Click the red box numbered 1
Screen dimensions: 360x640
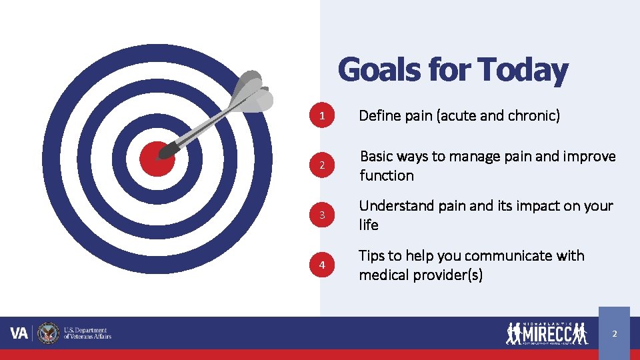pyautogui.click(x=322, y=116)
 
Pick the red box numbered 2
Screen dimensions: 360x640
pyautogui.click(x=322, y=165)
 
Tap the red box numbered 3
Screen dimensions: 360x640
pyautogui.click(x=322, y=215)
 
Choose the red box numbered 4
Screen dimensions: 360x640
pyautogui.click(x=322, y=265)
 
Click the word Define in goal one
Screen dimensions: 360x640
pyautogui.click(x=379, y=116)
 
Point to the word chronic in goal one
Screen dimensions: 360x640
pyautogui.click(x=534, y=116)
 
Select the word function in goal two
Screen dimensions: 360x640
pyautogui.click(x=387, y=176)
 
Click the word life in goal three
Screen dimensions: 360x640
pyautogui.click(x=369, y=225)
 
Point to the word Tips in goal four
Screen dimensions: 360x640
pyautogui.click(x=371, y=256)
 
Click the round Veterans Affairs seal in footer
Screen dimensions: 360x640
pyautogui.click(x=48, y=333)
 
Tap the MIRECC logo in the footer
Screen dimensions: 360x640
pyautogui.click(x=547, y=333)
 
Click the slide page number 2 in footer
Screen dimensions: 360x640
pyautogui.click(x=614, y=333)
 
